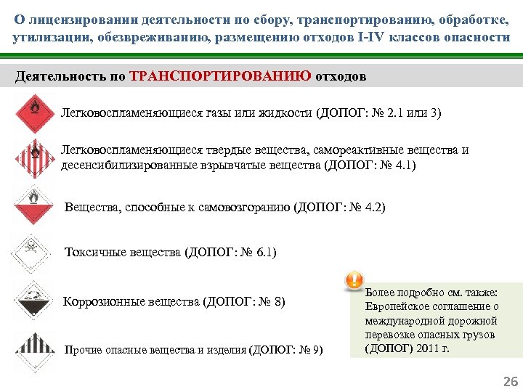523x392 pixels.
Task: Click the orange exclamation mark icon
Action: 353,280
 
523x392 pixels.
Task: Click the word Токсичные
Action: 95,253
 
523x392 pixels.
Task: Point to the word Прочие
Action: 82,350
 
